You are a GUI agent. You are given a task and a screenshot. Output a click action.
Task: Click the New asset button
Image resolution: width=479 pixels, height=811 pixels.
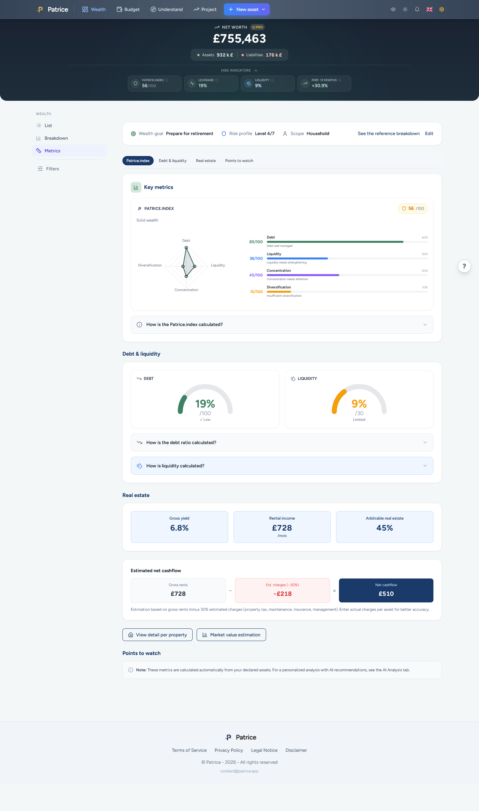(247, 9)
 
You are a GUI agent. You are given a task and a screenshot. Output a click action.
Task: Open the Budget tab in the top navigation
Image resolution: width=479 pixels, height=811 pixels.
(128, 9)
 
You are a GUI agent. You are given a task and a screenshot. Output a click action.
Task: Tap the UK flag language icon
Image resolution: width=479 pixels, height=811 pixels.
(429, 9)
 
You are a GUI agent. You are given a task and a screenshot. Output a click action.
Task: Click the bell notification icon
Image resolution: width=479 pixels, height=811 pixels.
(417, 9)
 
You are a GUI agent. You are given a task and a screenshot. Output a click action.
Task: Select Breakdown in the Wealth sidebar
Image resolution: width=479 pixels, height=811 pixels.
(56, 138)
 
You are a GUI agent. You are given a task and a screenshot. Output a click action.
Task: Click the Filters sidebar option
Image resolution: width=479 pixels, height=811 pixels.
(53, 169)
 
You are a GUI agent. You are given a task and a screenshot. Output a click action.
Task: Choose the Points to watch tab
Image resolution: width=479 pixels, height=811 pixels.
(239, 161)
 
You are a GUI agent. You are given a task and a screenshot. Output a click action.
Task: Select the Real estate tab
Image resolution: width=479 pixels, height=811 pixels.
(206, 161)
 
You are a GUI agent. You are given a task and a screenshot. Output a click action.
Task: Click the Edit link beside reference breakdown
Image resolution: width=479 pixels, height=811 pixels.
(429, 133)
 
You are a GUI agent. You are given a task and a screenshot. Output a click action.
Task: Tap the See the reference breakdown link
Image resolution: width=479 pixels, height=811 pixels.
(389, 133)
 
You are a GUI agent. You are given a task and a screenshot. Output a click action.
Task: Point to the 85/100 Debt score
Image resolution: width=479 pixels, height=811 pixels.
(256, 242)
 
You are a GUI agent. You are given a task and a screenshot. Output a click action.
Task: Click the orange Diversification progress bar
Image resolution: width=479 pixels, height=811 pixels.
(279, 292)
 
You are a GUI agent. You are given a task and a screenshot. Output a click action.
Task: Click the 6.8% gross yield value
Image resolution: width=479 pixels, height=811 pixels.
(179, 528)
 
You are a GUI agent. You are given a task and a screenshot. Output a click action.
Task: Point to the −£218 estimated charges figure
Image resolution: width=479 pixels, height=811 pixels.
(282, 594)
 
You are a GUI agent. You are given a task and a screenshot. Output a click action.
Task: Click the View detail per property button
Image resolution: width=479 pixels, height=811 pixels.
(157, 635)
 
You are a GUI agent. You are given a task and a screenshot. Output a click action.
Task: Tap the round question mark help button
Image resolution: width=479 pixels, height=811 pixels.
(464, 266)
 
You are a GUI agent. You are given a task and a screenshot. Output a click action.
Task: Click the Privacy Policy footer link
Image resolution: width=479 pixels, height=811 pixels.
(229, 750)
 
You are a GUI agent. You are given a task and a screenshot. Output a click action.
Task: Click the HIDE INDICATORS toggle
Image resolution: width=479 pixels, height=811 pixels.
(239, 71)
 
